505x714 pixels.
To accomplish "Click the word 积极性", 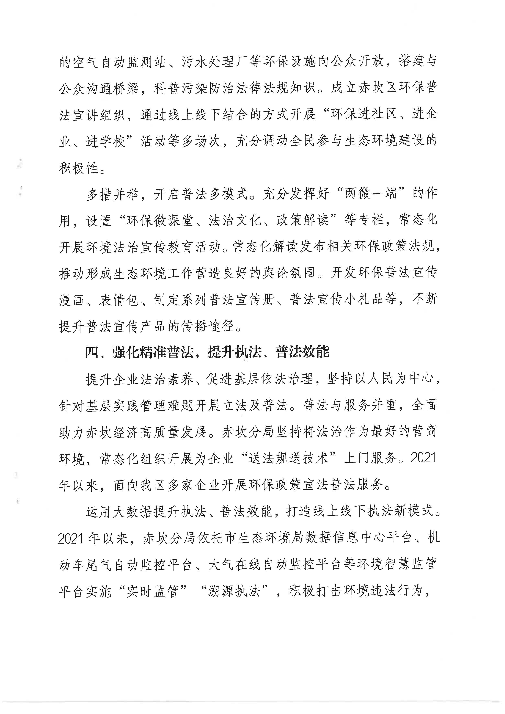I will tap(79, 168).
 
